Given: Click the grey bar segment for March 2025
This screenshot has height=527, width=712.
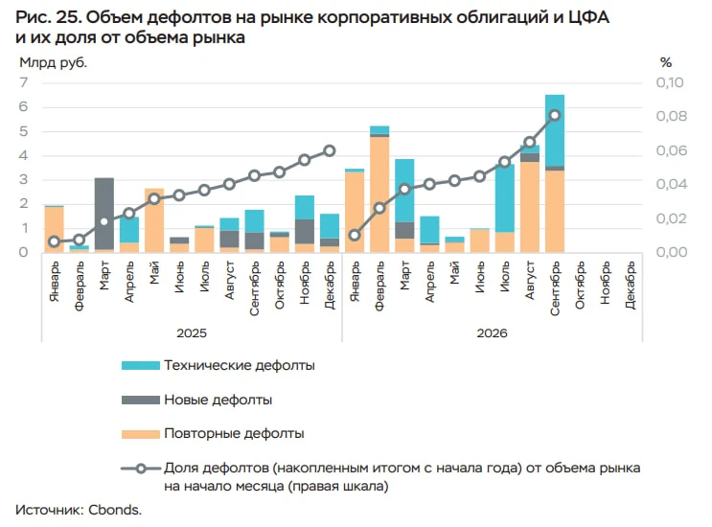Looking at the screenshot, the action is coord(104,214).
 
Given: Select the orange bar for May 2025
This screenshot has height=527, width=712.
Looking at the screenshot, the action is coord(154,220).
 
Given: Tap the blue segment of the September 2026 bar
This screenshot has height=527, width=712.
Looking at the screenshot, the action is coord(555,130).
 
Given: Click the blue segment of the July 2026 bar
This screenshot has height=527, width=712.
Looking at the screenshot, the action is coord(504,198).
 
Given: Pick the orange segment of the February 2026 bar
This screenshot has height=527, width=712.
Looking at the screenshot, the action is coord(379,195).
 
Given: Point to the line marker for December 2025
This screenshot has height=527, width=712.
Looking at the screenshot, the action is coord(330,150).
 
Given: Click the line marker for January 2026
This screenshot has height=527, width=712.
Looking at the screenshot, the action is coord(355,235).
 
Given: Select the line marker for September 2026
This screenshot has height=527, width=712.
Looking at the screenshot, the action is coord(555,115).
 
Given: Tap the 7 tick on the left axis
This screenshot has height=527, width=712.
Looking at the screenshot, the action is coord(24,82).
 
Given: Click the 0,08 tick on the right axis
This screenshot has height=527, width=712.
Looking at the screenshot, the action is coord(672,116).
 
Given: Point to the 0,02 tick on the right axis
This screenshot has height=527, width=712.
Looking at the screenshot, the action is coord(672,218).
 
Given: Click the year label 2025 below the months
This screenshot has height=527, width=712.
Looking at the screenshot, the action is coord(192,333).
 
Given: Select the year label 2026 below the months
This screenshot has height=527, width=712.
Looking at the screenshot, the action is coord(492,333).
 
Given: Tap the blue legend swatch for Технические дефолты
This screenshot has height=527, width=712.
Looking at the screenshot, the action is coord(141,365).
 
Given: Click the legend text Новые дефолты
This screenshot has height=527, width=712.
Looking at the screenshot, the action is coord(218,400).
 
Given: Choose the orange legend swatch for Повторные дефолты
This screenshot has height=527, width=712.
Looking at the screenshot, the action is coord(141,434).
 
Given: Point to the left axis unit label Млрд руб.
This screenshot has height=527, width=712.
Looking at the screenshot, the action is coord(53,62).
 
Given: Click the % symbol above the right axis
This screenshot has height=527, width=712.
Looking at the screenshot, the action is coord(666,62).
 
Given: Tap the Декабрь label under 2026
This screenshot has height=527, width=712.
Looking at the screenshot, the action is coord(630,286).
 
